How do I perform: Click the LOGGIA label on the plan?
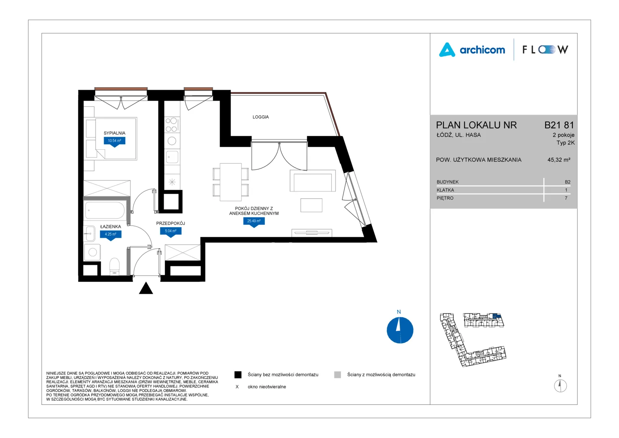(x=260, y=117)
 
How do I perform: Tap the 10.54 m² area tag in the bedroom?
(x=114, y=141)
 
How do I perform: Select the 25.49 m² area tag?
(x=254, y=221)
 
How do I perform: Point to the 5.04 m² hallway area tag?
(x=171, y=231)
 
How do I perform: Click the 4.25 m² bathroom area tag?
(x=110, y=235)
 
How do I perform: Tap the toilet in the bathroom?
(x=114, y=266)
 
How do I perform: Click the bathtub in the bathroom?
(x=105, y=210)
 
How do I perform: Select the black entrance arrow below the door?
(x=146, y=288)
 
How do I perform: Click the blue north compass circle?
(x=399, y=330)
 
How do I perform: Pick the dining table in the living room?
(x=231, y=182)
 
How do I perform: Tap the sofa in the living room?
(x=313, y=181)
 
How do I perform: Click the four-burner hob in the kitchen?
(x=172, y=125)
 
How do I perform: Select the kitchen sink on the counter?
(x=172, y=157)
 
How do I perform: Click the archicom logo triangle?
(x=447, y=50)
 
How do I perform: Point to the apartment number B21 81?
(x=559, y=125)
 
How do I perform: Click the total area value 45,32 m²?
(x=559, y=160)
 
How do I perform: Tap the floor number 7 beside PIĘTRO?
(x=566, y=198)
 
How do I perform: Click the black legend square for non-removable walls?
(x=238, y=375)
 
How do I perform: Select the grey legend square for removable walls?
(x=337, y=375)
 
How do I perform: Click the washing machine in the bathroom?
(x=92, y=252)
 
